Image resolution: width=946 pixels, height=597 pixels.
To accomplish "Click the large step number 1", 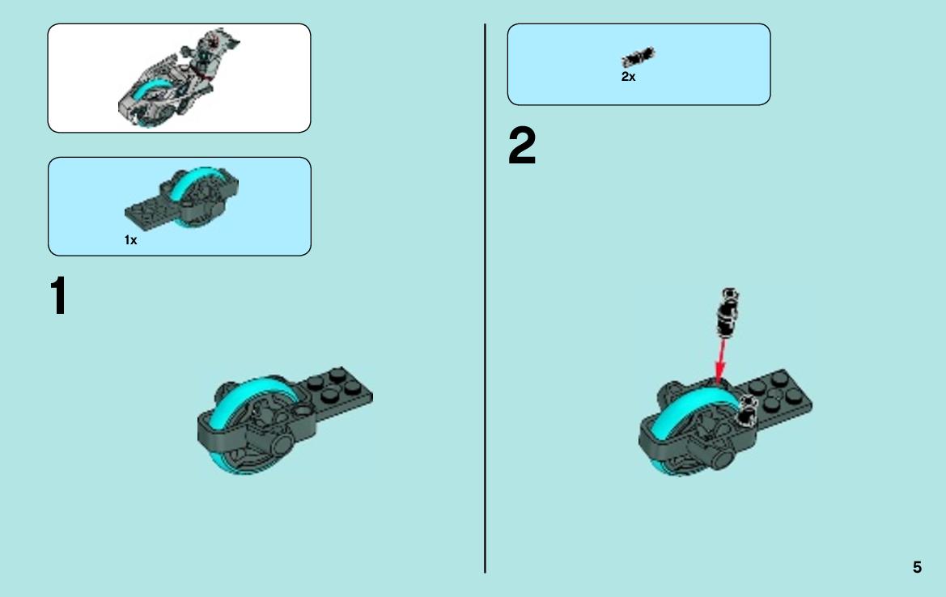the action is pyautogui.click(x=58, y=295).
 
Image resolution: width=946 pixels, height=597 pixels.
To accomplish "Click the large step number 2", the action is pyautogui.click(x=522, y=146).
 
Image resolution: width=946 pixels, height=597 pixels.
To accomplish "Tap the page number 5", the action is pyautogui.click(x=917, y=567).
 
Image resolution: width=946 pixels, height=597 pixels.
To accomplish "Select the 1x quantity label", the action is pyautogui.click(x=131, y=240).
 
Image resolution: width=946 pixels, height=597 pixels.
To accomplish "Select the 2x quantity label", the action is pyautogui.click(x=628, y=77).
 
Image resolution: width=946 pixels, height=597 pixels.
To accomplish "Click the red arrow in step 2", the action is pyautogui.click(x=720, y=360).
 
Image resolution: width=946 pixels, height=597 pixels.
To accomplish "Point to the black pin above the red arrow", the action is pyautogui.click(x=728, y=312).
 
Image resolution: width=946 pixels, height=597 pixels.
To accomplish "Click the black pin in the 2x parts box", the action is pyautogui.click(x=638, y=57).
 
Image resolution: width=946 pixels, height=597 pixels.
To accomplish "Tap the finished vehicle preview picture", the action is pyautogui.click(x=179, y=78).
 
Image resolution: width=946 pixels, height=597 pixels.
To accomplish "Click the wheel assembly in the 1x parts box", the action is pyautogui.click(x=182, y=198).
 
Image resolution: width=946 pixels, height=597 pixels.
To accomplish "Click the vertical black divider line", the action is pyautogui.click(x=485, y=298).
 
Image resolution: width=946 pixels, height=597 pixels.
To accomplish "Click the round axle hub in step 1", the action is pyautogui.click(x=282, y=447).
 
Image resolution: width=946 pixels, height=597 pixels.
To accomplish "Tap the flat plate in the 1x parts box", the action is pyautogui.click(x=148, y=212).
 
